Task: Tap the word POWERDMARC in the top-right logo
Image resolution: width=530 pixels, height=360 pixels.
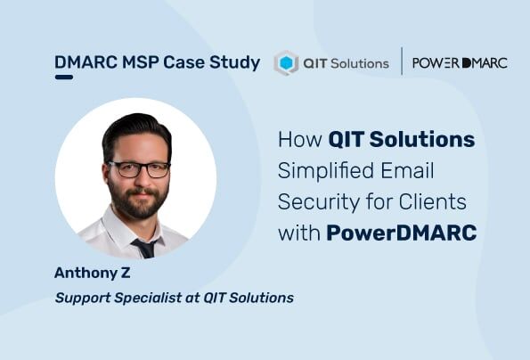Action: (460, 62)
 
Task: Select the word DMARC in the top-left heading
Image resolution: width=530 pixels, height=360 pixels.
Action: (83, 62)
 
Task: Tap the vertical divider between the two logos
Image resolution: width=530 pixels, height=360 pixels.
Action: (402, 61)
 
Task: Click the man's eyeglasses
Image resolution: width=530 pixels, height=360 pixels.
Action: (138, 168)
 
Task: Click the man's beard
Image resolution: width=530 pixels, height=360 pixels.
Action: (139, 201)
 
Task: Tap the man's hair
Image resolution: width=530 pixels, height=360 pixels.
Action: (135, 130)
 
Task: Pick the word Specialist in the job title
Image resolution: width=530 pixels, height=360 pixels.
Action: (146, 297)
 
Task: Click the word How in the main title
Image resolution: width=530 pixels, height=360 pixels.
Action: (300, 140)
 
